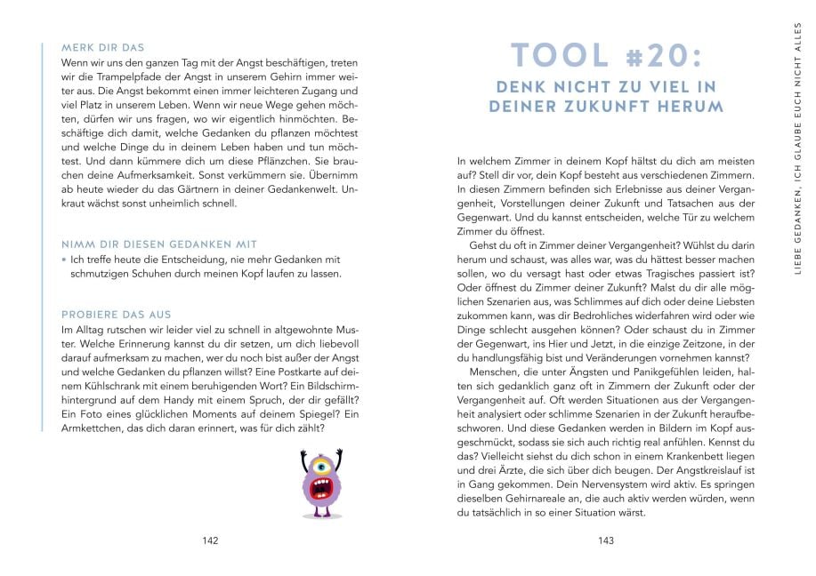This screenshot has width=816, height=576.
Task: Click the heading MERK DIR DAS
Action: [x=102, y=47]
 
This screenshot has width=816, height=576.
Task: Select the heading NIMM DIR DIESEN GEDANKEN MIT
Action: [x=158, y=243]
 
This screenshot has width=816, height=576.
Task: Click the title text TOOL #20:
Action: [x=606, y=56]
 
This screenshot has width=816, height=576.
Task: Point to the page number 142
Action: [x=211, y=540]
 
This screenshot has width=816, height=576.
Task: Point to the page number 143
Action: [x=606, y=540]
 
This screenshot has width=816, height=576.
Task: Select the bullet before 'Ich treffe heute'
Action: [x=64, y=260]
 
